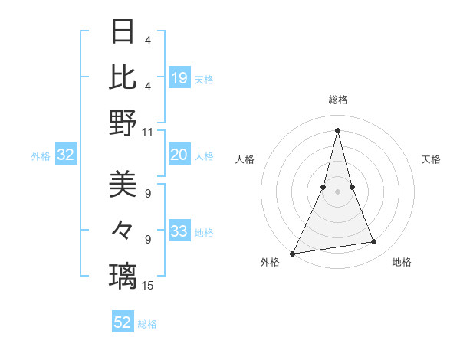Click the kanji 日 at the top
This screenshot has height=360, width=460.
point(123,32)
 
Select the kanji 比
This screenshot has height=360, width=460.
point(123,77)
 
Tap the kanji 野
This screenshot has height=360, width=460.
point(123,122)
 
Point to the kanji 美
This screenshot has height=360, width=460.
point(123,185)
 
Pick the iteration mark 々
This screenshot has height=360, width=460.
point(123,230)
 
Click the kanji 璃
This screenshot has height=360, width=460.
point(123,275)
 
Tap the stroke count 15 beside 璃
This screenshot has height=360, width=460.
point(148,286)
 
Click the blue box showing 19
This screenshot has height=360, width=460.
point(179,77)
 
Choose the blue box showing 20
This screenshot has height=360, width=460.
point(179,155)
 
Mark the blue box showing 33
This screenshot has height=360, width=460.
point(179,232)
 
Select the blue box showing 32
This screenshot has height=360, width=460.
point(66,155)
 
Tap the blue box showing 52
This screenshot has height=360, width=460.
point(123,322)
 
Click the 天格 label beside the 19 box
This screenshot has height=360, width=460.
point(204,79)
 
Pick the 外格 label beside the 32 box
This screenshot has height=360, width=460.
point(41,156)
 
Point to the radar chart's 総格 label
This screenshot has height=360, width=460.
point(338,100)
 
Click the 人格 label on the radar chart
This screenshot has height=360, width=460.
point(245,159)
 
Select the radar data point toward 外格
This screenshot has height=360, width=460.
point(293,253)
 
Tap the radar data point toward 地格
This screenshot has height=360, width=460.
point(374,242)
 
